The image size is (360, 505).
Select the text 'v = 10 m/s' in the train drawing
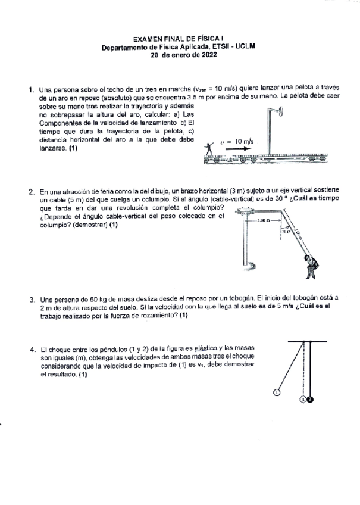click(236, 141)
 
